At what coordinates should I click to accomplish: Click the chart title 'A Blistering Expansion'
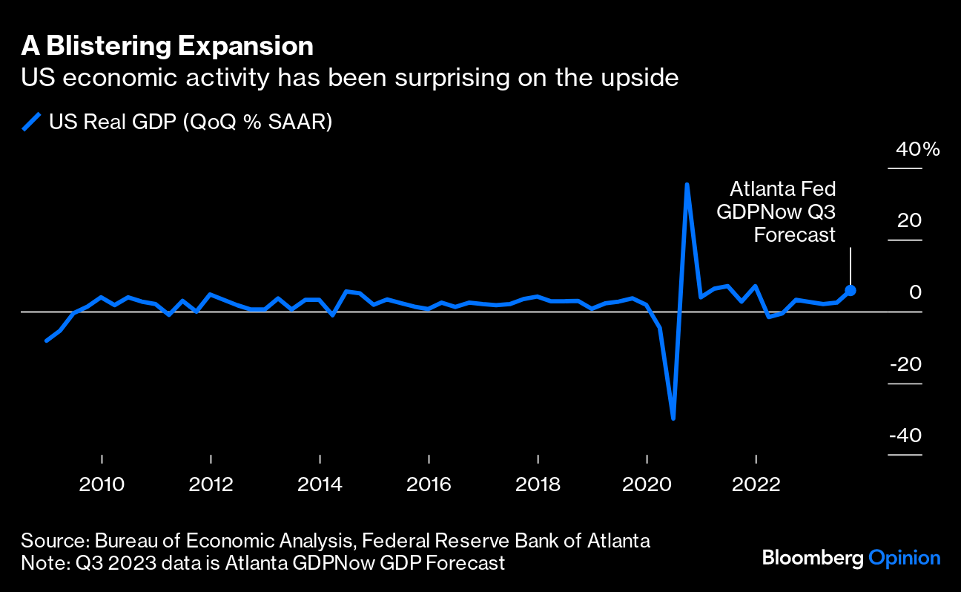167,47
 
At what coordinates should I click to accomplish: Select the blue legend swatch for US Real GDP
31,122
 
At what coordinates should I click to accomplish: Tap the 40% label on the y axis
917,150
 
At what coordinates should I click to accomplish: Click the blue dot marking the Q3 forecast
851,291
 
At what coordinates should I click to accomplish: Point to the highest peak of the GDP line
687,185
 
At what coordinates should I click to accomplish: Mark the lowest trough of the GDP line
673,418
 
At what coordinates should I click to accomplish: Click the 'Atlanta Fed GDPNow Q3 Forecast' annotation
776,211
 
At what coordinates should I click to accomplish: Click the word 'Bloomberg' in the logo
812,558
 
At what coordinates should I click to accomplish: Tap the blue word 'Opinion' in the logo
904,558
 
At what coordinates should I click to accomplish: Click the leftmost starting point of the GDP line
46,341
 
